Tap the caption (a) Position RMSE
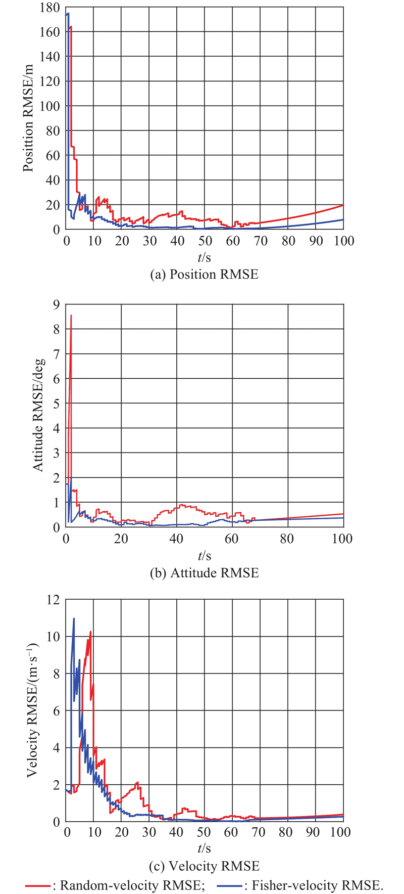coord(205,274)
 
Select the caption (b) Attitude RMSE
coord(205,572)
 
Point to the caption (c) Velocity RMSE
coord(205,866)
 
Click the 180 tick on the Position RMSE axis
coord(52,8)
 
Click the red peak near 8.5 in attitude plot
coord(71,316)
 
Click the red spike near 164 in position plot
coord(71,27)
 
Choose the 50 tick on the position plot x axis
coord(205,241)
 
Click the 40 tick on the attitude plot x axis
coord(177,539)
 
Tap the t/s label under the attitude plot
coord(205,556)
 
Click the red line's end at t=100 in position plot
coord(343,205)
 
